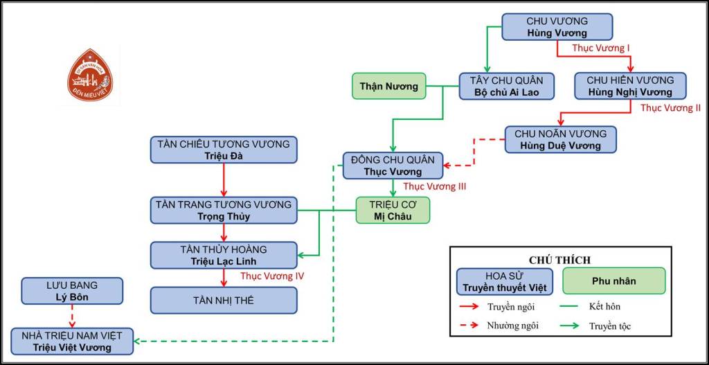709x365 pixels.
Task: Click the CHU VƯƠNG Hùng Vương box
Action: click(x=557, y=27)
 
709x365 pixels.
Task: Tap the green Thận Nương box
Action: click(x=388, y=87)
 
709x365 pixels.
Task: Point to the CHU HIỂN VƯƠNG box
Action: click(x=629, y=86)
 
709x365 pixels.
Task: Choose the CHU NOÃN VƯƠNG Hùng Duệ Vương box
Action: click(x=560, y=139)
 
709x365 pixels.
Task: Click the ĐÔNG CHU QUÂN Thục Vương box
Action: click(x=393, y=166)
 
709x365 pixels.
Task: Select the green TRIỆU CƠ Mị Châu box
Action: click(x=393, y=210)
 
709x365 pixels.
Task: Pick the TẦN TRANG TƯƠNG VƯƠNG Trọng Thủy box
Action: click(x=224, y=210)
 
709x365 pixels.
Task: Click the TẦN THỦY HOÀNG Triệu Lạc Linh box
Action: click(x=224, y=255)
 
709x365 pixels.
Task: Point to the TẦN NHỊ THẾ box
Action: click(x=224, y=300)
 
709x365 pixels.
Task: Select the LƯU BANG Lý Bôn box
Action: click(x=73, y=291)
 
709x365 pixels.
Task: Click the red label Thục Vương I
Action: click(x=601, y=49)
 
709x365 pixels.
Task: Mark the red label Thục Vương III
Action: click(x=434, y=186)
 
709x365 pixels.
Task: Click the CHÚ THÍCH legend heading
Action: click(x=559, y=260)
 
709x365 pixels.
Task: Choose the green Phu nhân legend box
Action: click(x=613, y=281)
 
